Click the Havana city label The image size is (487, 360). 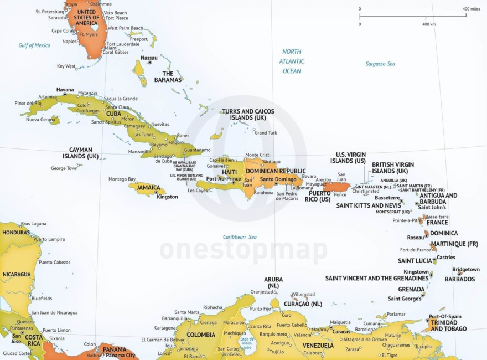65,89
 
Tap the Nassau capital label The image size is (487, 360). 149,58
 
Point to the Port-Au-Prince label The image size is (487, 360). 224,179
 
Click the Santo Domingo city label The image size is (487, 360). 279,179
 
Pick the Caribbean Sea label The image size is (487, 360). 240,237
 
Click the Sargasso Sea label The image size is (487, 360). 380,64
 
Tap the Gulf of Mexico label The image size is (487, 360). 34,45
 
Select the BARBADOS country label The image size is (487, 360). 459,279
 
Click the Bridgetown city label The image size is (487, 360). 466,269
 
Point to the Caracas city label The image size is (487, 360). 341,331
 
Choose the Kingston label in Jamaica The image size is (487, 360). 167,197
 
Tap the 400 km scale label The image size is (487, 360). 429,24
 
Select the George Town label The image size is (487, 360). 64,168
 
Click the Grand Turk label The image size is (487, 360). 266,133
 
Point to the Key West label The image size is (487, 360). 66,66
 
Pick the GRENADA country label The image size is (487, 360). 411,289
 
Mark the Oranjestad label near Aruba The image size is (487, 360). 262,292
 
